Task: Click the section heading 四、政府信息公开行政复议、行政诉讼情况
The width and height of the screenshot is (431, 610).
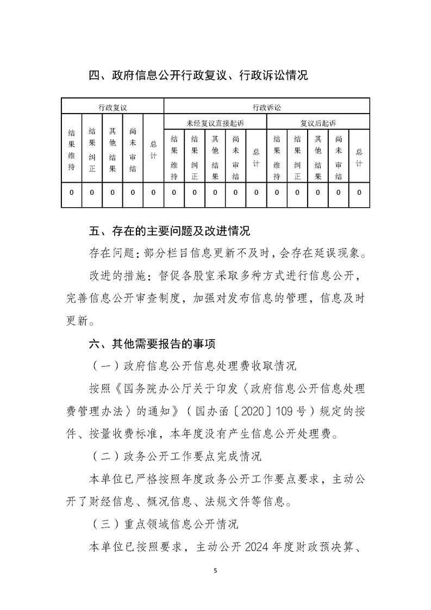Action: coord(198,76)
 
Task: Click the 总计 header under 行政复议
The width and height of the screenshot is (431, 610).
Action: coord(153,150)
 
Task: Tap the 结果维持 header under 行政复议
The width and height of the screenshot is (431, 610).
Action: coord(71,150)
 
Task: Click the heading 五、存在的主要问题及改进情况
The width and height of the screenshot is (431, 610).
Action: coord(169,232)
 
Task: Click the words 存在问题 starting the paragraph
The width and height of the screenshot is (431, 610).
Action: coord(110,254)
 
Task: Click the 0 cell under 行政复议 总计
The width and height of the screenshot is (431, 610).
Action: coord(153,192)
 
